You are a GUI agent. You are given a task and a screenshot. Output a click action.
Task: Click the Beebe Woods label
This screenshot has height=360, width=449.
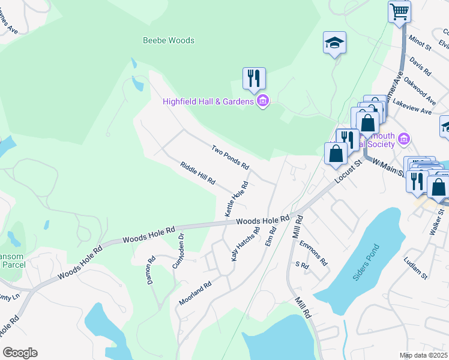pos(169,41)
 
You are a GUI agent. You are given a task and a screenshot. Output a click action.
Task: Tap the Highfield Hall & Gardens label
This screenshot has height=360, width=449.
pos(208,101)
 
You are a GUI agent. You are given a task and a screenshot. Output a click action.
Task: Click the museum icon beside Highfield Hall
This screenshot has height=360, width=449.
pos(262,101)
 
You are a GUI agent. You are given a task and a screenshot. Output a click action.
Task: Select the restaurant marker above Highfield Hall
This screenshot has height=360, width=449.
pos(254,77)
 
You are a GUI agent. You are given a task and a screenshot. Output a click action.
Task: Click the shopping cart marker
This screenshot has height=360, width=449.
pos(399,11)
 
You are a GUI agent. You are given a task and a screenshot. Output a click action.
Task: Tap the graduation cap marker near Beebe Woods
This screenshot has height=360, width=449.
pos(334,43)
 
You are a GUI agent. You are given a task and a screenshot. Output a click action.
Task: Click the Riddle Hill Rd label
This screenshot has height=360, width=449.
pos(197,173)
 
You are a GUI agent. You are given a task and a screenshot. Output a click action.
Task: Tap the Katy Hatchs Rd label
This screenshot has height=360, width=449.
pos(246,243)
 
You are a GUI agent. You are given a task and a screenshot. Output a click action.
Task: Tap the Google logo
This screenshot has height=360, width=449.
pos(20,352)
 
